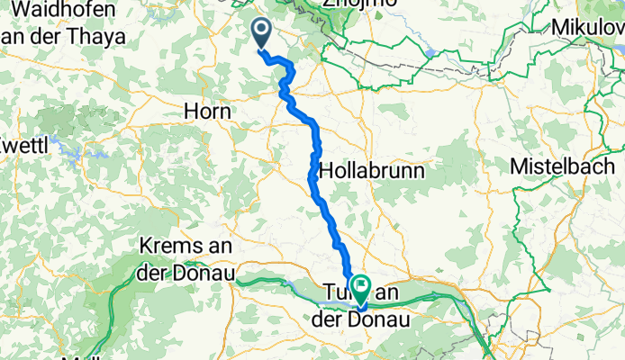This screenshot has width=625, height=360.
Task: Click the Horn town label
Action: (206, 112)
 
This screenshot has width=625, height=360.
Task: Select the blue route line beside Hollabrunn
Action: (314, 176)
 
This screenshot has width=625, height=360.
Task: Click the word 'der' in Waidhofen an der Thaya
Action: (59, 38)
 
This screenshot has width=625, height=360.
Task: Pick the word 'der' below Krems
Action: (153, 270)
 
